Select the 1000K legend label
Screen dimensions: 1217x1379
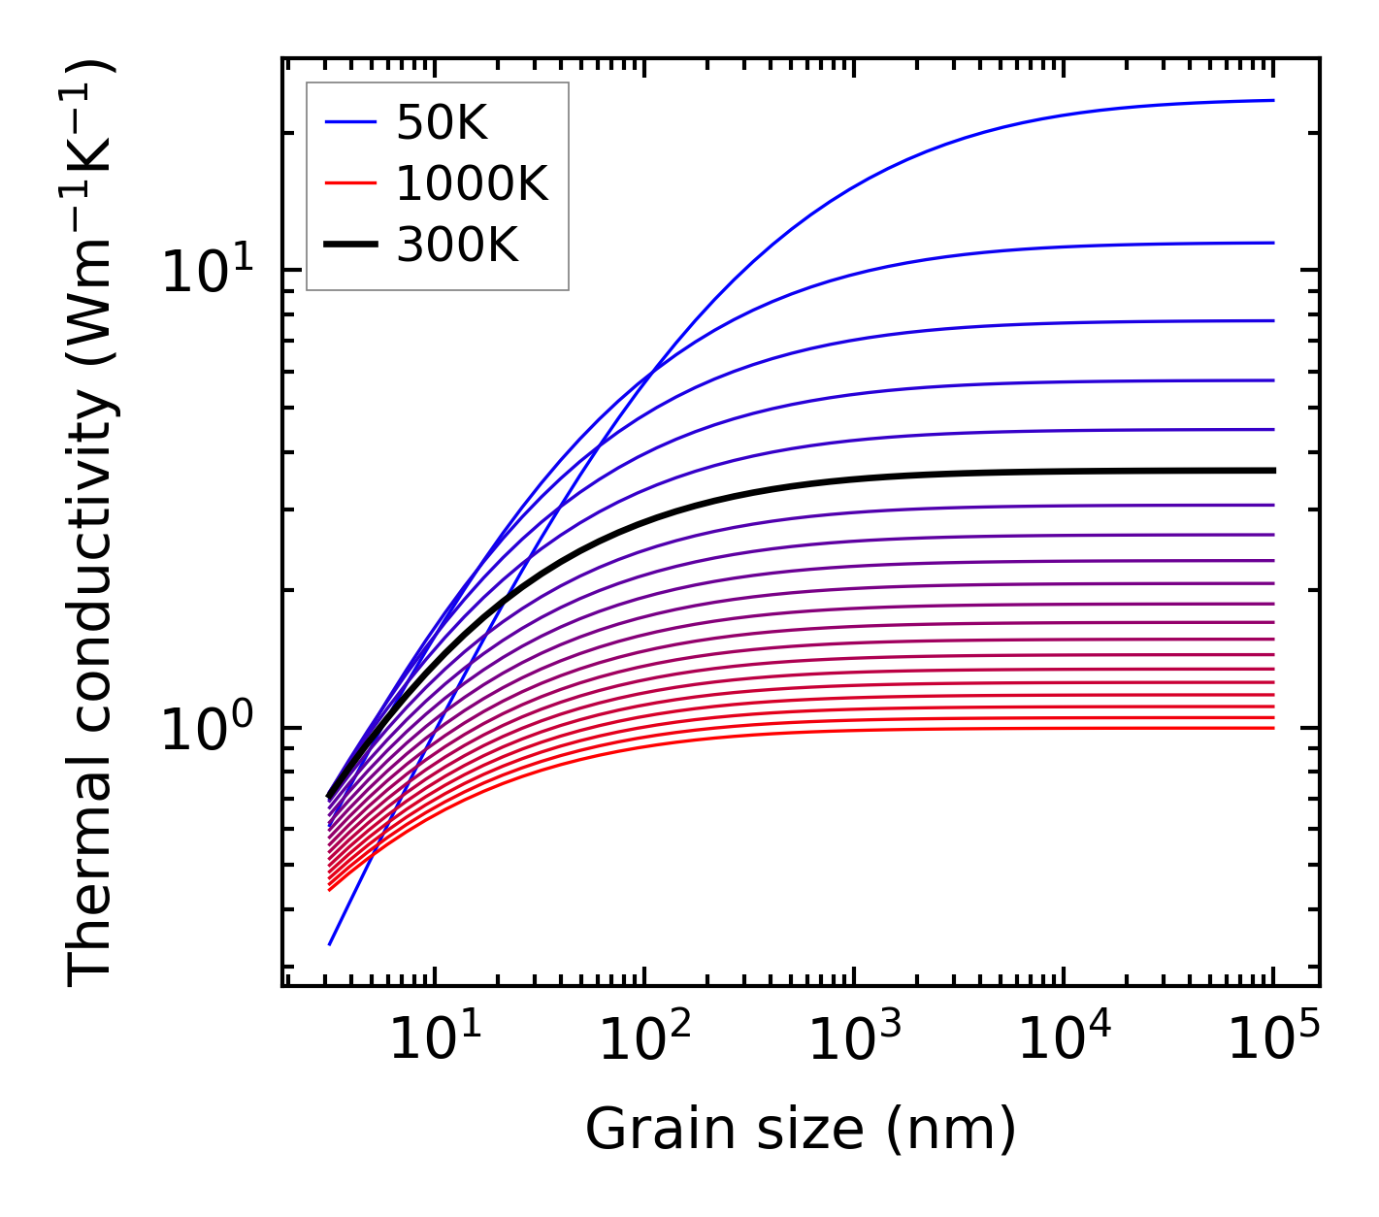coord(472,183)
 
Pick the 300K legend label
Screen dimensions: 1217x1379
coord(457,246)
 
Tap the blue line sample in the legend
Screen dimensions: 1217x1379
coord(349,122)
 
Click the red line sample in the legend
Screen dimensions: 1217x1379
coord(349,183)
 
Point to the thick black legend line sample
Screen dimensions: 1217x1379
coord(349,246)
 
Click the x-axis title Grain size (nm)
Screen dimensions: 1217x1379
coord(801,1130)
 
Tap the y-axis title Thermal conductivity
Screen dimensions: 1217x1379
coord(92,524)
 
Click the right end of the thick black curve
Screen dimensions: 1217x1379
coord(1272,471)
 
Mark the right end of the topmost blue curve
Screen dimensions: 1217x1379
coord(1272,100)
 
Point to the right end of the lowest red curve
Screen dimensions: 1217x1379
coord(1272,728)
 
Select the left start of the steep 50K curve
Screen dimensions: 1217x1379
coord(330,943)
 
